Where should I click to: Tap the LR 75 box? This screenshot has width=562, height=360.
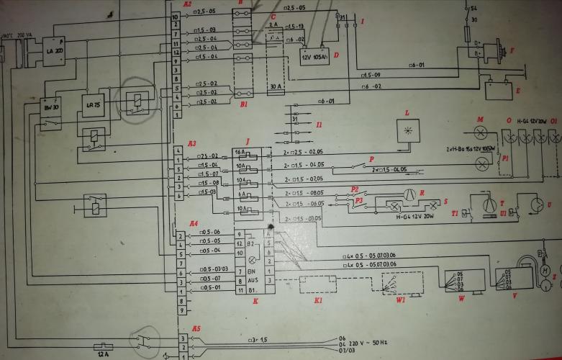(94, 104)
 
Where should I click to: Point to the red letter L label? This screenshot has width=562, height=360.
(407, 114)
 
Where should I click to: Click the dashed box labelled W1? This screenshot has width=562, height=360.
(402, 280)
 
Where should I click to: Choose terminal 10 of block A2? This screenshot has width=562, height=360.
(175, 16)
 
